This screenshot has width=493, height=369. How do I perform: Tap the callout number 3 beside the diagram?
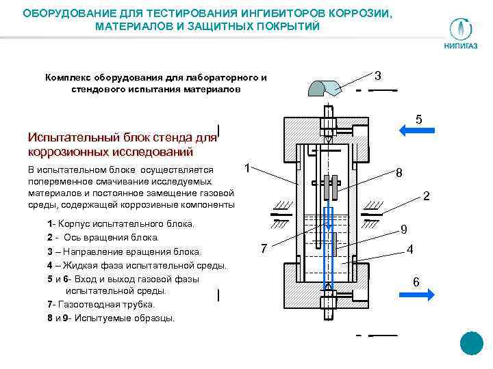coord(379,74)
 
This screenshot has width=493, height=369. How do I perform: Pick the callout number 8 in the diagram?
coord(399,174)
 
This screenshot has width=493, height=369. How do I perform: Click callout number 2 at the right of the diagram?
coord(426,197)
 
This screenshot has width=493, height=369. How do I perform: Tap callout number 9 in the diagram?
coord(404,229)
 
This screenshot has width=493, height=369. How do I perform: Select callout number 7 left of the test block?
coord(266,248)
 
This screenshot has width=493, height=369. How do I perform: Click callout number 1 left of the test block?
coord(249,166)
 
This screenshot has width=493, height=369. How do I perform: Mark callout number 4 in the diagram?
coord(409,250)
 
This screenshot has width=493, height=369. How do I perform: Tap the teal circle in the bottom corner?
coord(472,344)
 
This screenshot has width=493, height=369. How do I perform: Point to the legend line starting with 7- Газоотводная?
coord(101,305)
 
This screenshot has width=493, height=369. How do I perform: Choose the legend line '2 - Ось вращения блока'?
coord(103,237)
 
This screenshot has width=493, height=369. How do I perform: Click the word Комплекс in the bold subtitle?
coord(68,77)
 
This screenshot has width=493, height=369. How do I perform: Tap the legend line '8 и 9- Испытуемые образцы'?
coord(111,318)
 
